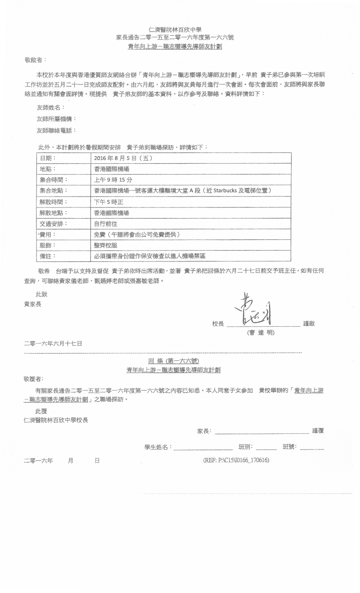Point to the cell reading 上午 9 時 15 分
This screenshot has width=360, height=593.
click(x=113, y=180)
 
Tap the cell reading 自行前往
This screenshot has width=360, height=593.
click(x=105, y=224)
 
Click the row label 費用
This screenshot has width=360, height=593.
click(x=48, y=234)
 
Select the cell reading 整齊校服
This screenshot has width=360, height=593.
click(x=105, y=246)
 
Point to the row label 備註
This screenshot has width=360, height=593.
click(x=48, y=256)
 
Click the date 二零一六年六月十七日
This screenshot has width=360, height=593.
click(x=53, y=343)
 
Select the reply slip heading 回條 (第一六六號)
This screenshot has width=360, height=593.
click(x=174, y=361)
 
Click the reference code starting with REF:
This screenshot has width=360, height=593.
click(x=236, y=461)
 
